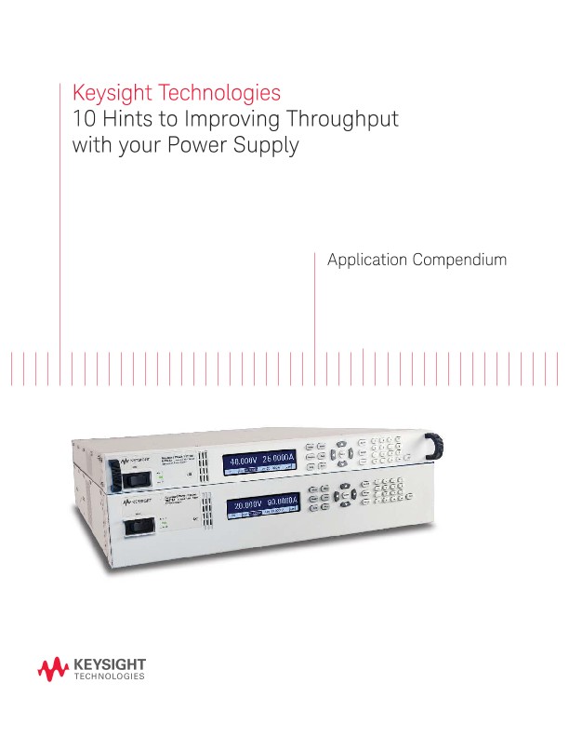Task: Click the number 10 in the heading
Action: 83,120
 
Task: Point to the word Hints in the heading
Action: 126,120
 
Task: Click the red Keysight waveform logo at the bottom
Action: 53,667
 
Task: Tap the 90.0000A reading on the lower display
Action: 284,504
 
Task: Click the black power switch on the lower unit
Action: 139,526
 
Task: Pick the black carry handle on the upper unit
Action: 435,449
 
